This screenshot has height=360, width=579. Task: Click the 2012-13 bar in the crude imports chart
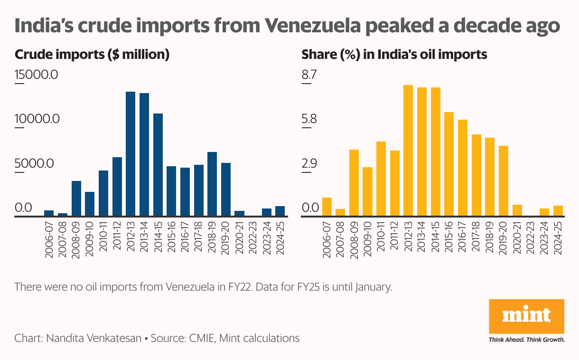coord(131,154)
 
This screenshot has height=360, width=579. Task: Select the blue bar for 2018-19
coord(212,184)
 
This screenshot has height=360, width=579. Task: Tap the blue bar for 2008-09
coord(76,199)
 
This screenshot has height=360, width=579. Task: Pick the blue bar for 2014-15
coord(158,165)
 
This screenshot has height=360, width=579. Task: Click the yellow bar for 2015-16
coord(448,164)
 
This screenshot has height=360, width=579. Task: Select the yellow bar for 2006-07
coord(327,207)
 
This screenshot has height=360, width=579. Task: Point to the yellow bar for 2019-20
coord(504,181)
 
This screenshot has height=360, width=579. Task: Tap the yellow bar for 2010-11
coord(381,179)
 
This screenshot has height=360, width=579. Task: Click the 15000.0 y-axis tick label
coord(36,75)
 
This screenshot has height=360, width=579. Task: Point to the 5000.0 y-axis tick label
coord(34,163)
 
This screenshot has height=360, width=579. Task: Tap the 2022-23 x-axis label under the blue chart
coord(253,239)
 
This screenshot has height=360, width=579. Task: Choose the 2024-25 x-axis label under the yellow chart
coord(558,239)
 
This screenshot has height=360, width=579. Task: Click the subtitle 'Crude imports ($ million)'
coord(92,55)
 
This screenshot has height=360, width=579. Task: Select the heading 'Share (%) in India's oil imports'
coord(394,55)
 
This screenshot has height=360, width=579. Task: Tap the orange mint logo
coord(526,316)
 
